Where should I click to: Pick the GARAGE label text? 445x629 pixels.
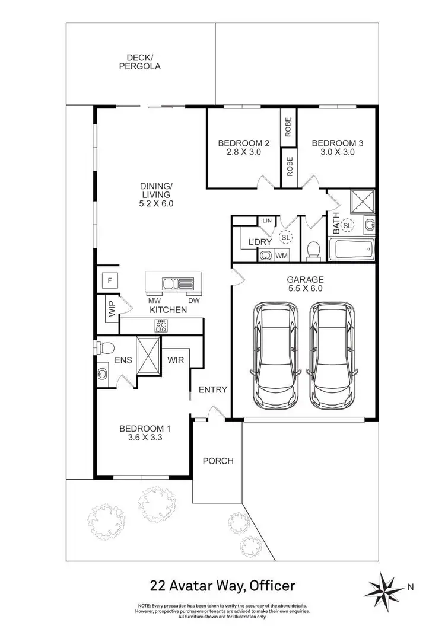point(306,279)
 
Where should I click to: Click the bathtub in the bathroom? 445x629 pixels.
point(352,250)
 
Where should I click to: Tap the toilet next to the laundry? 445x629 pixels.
point(314,251)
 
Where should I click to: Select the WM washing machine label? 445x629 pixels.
point(282,256)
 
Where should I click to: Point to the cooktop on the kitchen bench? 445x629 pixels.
point(161,325)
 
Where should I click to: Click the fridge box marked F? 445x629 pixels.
point(110,280)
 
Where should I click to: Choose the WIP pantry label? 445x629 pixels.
point(112,310)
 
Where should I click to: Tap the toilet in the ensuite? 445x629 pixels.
point(106,346)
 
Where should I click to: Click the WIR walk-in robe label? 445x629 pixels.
point(175,360)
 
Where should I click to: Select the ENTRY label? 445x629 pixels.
point(212,389)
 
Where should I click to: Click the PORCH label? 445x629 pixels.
point(218,461)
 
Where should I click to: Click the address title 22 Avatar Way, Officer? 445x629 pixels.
point(222,586)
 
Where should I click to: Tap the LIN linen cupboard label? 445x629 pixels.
point(267,221)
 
